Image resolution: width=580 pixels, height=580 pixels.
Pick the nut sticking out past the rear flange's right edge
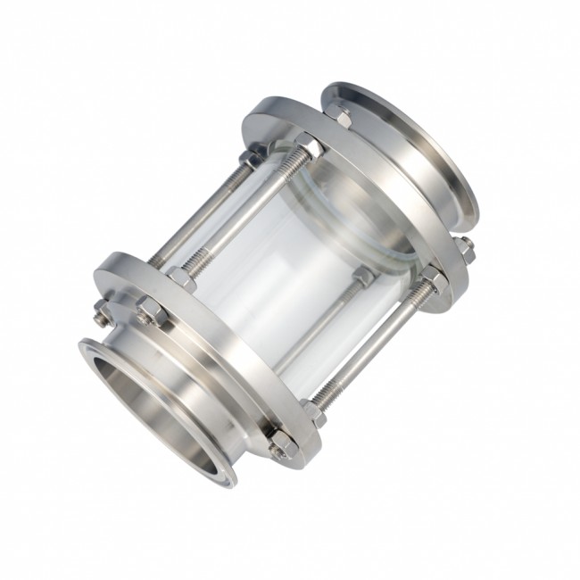click(465, 251)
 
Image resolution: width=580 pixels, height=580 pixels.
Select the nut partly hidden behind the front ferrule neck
click(101, 311)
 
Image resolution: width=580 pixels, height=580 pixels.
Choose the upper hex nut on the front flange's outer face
click(147, 311)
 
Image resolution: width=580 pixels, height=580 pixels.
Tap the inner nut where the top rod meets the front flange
click(182, 277)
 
